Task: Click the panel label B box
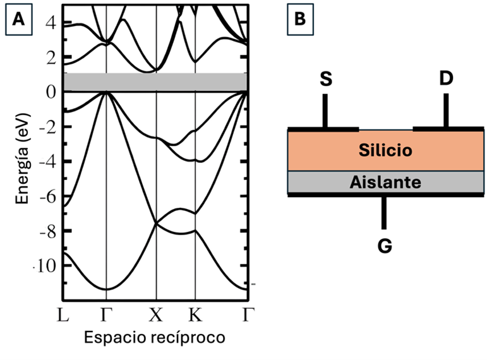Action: tap(300, 20)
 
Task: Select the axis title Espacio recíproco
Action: tap(154, 338)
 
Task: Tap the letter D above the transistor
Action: tap(446, 79)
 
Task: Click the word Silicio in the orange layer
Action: tap(385, 150)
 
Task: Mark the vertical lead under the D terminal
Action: tap(446, 111)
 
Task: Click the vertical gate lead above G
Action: tap(384, 212)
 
